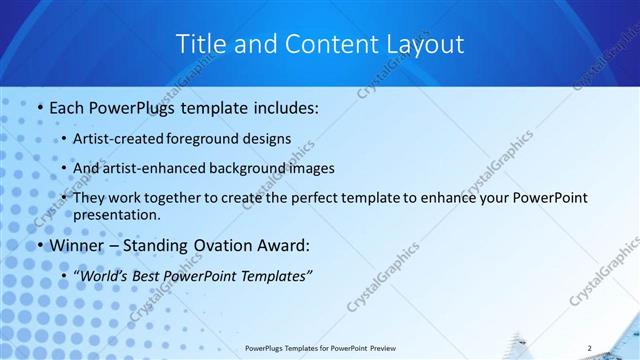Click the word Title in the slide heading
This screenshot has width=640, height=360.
(x=200, y=44)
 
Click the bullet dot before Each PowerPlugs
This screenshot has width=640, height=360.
(x=38, y=107)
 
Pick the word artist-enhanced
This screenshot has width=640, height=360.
(x=149, y=168)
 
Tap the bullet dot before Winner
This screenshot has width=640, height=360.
(x=38, y=245)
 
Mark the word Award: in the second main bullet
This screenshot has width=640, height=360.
(x=282, y=245)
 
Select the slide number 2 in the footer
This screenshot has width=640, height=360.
(x=590, y=347)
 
